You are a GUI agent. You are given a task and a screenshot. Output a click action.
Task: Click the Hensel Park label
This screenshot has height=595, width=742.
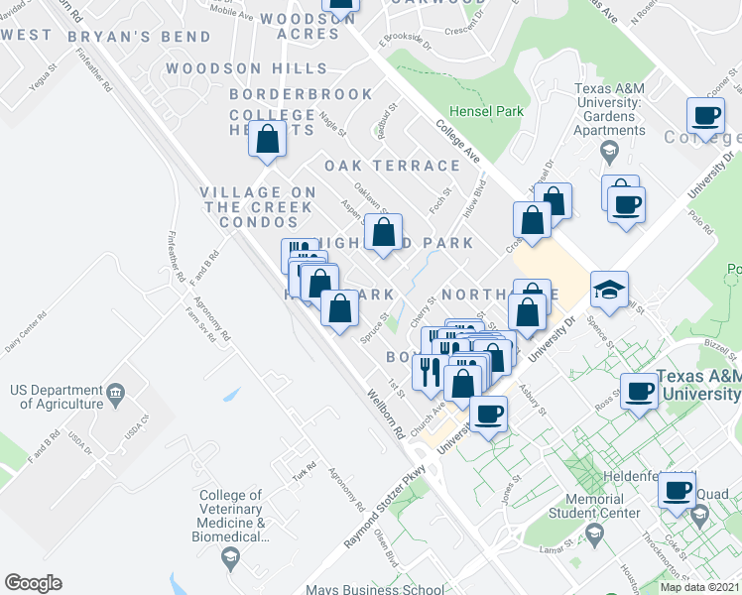pyautogui.click(x=486, y=112)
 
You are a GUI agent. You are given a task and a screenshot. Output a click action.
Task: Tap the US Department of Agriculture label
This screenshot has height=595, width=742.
pyautogui.click(x=57, y=397)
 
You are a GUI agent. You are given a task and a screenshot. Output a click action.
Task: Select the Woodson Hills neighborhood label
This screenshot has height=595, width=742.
pyautogui.click(x=247, y=68)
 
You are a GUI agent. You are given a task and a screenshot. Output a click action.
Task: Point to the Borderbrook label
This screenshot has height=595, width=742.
pyautogui.click(x=302, y=94)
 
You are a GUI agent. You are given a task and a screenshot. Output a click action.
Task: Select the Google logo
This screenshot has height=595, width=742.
pyautogui.click(x=33, y=583)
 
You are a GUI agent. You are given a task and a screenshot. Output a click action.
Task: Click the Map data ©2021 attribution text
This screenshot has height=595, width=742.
pyautogui.click(x=699, y=587)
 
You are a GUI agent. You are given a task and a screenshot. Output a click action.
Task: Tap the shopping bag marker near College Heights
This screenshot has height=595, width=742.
pyautogui.click(x=268, y=139)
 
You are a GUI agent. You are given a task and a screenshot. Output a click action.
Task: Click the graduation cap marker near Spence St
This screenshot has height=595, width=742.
pyautogui.click(x=609, y=290)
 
